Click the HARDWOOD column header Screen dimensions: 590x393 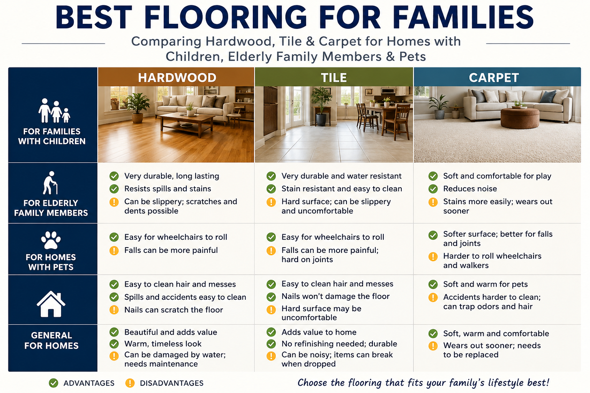click(177, 78)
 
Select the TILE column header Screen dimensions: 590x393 click(334, 78)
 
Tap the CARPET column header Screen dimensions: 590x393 click(494, 78)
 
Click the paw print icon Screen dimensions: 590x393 click(51, 240)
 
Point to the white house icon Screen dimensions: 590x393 click(51, 304)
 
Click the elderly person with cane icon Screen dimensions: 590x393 click(50, 183)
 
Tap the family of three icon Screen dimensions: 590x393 click(54, 111)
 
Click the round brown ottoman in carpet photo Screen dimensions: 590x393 click(520, 118)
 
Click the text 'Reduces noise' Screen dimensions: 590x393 click(470, 189)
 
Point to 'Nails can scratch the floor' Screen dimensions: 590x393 click(174, 310)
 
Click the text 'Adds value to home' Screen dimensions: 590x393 click(319, 332)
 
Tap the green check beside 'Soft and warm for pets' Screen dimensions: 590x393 click(433, 284)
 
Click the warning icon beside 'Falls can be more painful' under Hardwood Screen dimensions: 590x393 click(114, 250)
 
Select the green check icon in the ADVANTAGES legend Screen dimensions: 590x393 click(53, 383)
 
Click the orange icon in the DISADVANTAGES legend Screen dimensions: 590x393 click(130, 383)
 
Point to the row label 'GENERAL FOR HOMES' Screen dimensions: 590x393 click(51, 340)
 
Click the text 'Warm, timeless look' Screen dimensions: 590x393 click(163, 344)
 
